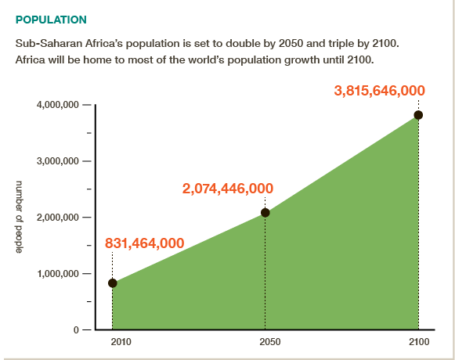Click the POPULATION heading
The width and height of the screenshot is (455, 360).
[x=51, y=18]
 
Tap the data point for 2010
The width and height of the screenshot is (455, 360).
[x=112, y=283]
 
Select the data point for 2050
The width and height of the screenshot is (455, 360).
[x=265, y=212]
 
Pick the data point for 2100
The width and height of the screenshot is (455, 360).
[x=418, y=115]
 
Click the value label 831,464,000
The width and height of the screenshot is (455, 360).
[x=144, y=243]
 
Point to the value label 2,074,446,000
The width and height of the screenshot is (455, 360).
[x=228, y=188]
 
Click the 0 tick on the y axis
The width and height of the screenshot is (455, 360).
[x=78, y=330]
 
